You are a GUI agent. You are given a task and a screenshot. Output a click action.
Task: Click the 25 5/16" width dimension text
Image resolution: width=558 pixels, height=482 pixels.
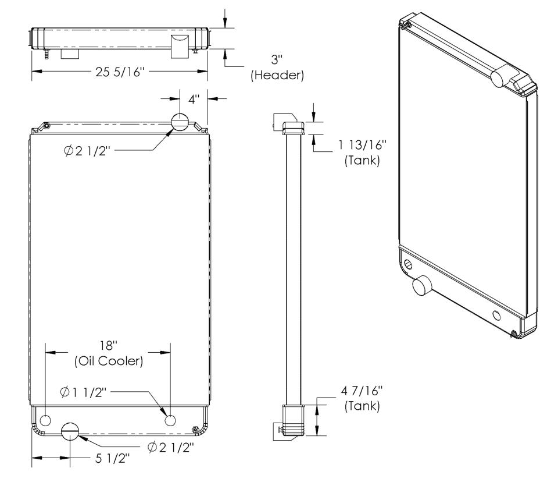coord(120,72)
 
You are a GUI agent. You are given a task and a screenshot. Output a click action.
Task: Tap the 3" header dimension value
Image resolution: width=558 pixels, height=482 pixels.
coord(277,59)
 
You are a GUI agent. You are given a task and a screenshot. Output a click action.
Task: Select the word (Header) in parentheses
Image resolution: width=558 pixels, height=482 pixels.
coord(277,75)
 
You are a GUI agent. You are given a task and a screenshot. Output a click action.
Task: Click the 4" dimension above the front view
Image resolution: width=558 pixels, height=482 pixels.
coord(194,99)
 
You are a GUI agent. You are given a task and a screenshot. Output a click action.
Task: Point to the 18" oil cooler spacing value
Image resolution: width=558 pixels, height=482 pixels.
coord(108,345)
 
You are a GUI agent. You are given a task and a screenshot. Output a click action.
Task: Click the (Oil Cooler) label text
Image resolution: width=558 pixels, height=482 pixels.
coord(109,361)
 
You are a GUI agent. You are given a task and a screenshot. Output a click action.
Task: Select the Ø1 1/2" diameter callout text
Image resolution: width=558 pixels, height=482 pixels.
coord(83,392)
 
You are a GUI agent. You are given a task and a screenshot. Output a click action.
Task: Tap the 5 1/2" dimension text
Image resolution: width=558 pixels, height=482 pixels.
coord(112,459)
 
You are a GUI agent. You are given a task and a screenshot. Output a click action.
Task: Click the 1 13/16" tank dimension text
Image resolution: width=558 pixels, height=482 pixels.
coord(362,145)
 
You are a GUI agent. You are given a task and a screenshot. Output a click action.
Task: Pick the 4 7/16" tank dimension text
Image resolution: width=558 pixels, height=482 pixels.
coord(362,391)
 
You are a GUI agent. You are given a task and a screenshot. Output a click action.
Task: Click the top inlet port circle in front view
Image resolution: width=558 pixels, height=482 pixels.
coord(180,122)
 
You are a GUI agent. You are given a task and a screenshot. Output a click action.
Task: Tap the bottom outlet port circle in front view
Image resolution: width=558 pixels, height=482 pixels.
coord(70,431)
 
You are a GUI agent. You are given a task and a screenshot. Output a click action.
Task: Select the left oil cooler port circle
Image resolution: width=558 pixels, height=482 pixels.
coord(45,421)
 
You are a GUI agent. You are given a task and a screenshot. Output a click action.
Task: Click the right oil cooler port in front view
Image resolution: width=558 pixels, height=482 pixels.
coord(170,421)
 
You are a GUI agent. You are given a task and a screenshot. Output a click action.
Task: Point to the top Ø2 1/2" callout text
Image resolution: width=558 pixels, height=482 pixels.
coord(88,151)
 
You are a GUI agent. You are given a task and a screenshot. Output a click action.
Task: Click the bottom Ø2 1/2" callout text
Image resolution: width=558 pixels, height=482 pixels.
coord(171,447)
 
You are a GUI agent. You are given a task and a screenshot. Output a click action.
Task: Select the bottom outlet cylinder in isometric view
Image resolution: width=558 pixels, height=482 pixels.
coord(422,286)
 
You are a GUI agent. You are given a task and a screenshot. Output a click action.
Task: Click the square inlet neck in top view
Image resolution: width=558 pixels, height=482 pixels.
coord(180,47)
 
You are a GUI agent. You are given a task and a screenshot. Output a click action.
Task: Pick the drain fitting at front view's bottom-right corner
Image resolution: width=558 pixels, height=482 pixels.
coord(195,429)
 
